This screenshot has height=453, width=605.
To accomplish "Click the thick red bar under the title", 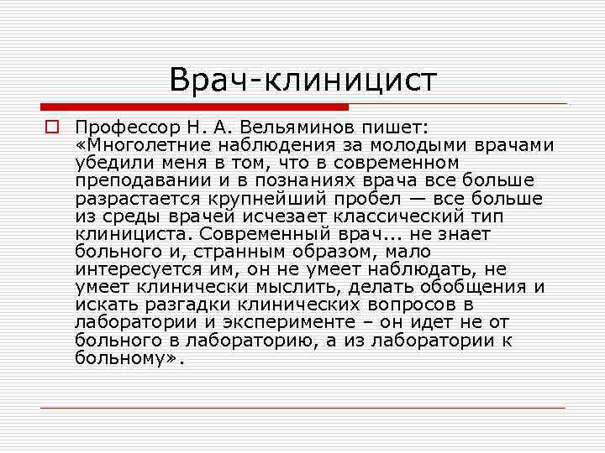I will click(x=194, y=107).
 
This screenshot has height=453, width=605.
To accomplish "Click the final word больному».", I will click(x=127, y=358).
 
